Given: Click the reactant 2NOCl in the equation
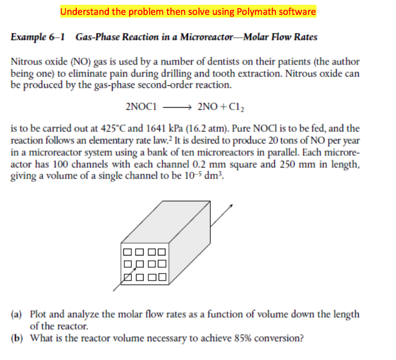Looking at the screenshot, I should point(141,106).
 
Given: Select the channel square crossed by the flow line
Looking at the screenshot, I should point(128,276).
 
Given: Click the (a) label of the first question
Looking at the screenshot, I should point(17,314).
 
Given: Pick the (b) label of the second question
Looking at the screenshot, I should point(17,338).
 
